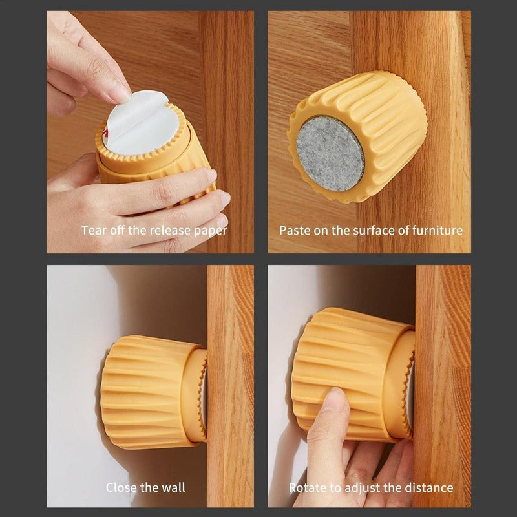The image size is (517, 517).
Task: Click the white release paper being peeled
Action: [142, 123]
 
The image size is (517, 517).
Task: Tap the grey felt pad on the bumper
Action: [330, 153]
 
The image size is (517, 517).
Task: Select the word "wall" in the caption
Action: [173, 487]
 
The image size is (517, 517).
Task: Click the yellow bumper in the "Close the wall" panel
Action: [154, 392]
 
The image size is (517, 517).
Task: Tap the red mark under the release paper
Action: [106, 133]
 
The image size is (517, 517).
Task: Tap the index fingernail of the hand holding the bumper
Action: [211, 176]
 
